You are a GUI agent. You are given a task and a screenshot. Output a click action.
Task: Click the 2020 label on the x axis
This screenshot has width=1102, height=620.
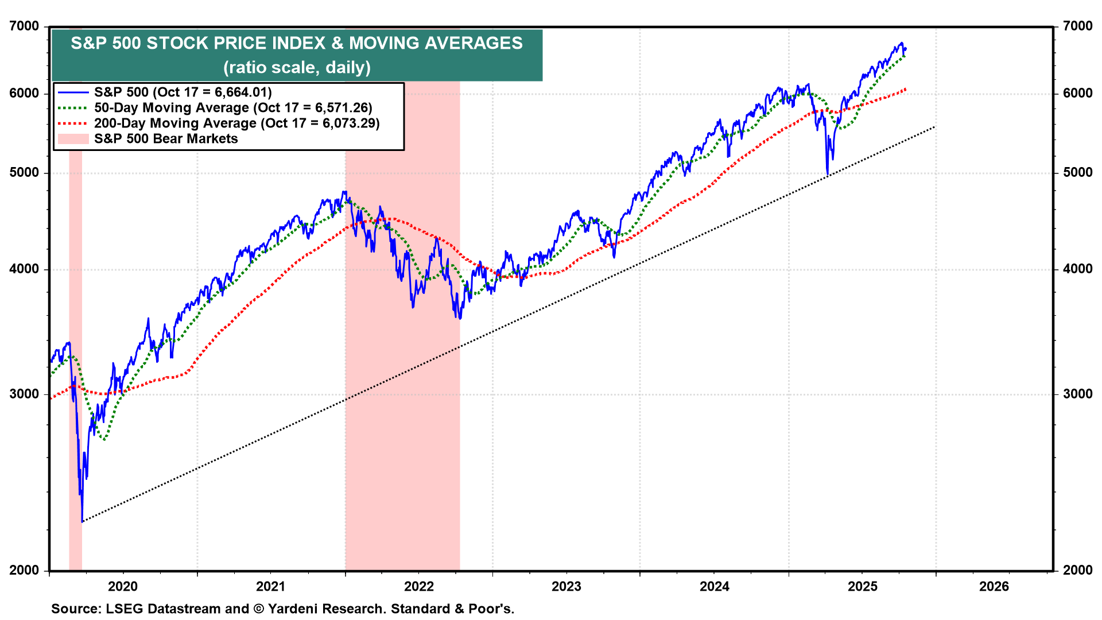click(x=123, y=586)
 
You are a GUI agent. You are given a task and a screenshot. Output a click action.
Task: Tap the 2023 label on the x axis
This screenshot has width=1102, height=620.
click(x=566, y=586)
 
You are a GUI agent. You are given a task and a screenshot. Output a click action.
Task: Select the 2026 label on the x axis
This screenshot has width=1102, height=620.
click(x=994, y=586)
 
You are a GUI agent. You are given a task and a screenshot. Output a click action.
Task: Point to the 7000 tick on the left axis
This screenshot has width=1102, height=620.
click(x=24, y=26)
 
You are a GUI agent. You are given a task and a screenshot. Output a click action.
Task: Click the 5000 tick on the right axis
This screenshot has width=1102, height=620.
click(x=1077, y=173)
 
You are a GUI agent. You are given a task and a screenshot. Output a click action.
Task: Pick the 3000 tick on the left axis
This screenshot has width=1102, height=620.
click(x=24, y=394)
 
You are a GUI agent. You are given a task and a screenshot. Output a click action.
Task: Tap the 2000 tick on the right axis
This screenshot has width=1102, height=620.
click(x=1077, y=570)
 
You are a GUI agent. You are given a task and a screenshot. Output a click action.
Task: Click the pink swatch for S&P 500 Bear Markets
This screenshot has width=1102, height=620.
click(x=73, y=139)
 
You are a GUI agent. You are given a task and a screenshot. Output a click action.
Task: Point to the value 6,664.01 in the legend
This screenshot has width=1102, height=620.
click(x=241, y=92)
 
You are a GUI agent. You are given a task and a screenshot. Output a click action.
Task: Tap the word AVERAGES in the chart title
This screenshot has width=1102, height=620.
click(x=473, y=43)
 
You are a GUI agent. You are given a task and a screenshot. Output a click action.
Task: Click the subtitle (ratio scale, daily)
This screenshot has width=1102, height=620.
click(x=297, y=68)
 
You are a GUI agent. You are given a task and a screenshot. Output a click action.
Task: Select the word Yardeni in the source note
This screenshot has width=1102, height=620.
click(x=294, y=609)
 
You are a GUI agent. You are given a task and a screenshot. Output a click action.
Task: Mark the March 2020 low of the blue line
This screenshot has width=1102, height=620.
click(x=82, y=521)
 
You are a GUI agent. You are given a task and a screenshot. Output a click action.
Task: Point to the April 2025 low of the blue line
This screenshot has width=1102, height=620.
click(x=827, y=174)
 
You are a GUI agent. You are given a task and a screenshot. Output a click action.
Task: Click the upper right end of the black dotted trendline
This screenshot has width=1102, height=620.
click(x=934, y=127)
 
